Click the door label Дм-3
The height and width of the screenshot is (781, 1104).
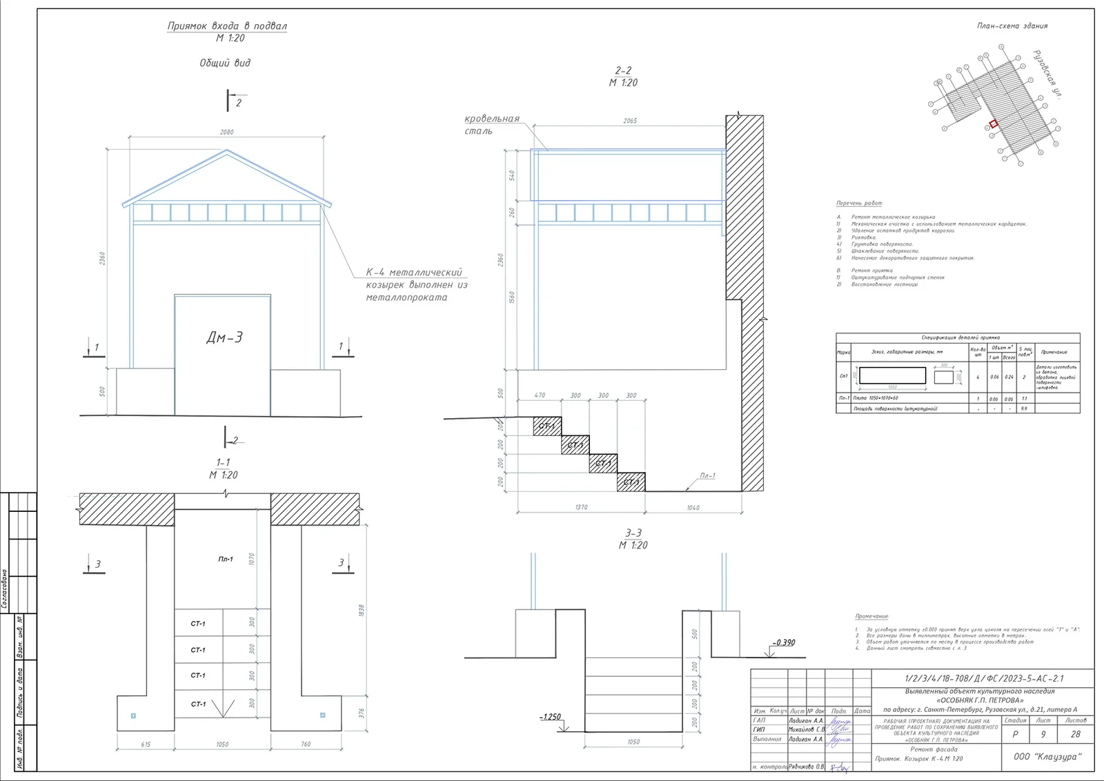tap(224, 337)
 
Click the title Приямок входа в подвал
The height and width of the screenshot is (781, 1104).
tap(227, 26)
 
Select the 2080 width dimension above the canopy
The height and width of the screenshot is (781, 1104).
tap(226, 132)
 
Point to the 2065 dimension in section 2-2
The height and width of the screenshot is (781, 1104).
tap(630, 121)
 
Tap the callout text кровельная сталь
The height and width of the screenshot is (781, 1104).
tap(491, 124)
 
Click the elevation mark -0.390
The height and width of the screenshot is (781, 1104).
tap(783, 642)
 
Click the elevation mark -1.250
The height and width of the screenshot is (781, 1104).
tap(550, 717)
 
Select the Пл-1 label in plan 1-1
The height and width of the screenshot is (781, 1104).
tap(226, 559)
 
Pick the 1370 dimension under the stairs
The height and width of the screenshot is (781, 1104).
tap(581, 507)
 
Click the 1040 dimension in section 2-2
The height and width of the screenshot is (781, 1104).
tap(693, 508)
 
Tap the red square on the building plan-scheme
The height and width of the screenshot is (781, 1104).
tap(994, 124)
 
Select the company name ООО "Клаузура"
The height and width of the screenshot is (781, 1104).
tap(1047, 757)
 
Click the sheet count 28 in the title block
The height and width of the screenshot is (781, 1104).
tap(1075, 735)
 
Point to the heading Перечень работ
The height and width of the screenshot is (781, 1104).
tap(859, 204)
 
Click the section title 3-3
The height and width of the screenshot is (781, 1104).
tap(633, 533)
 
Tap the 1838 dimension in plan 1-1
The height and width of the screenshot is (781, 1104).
tap(362, 610)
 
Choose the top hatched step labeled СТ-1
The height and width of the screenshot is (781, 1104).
tap(547, 426)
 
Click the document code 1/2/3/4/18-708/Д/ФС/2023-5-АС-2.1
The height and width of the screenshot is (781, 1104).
tap(984, 679)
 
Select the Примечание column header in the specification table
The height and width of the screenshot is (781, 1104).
tap(1054, 352)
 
